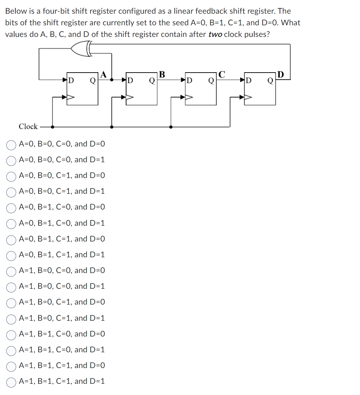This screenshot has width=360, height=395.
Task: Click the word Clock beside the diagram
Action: point(28,127)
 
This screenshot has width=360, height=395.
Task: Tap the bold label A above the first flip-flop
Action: point(103,75)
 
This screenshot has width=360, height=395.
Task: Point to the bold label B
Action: point(162,75)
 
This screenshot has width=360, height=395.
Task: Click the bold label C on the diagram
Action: point(221,75)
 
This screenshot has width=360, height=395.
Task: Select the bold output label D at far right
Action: point(281,75)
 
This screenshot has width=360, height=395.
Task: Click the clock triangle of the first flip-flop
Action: point(71,98)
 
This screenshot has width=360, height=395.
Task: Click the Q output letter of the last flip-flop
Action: point(270,80)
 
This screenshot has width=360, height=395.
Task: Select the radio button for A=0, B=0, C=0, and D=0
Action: point(11,144)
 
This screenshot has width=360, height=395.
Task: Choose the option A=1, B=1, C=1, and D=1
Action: point(11,381)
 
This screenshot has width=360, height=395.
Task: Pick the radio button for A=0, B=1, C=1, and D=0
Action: point(11,239)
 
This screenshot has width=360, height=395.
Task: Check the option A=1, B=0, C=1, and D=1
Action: point(11,318)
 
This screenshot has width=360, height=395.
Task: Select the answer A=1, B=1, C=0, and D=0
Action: point(11,334)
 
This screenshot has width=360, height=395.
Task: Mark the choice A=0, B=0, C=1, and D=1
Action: point(11,192)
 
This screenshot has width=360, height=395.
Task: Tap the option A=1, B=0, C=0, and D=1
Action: point(11,286)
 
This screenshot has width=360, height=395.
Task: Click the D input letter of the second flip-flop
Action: point(130,80)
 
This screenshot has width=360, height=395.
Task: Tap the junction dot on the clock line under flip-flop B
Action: point(112,127)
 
